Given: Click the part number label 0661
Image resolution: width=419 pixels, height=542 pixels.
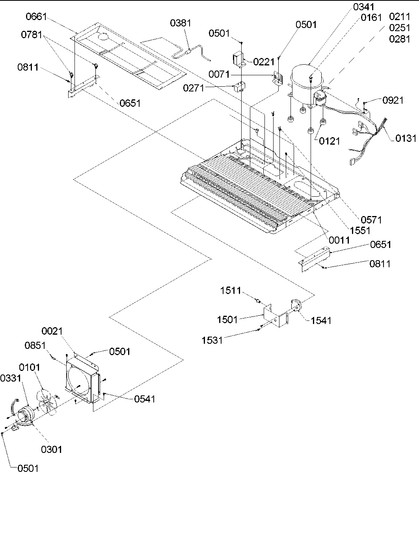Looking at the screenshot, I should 36,17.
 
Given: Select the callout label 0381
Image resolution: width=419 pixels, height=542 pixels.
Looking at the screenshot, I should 181,23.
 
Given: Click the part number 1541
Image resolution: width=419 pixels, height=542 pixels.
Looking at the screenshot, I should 321,320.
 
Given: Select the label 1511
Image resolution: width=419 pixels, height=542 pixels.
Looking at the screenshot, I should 231,291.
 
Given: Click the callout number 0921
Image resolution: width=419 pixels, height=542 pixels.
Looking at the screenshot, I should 393,100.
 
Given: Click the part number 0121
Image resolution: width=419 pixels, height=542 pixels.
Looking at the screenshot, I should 329,141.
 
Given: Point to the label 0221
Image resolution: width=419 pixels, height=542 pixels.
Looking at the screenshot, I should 264,61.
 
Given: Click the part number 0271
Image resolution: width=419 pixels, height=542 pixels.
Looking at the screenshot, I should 194,88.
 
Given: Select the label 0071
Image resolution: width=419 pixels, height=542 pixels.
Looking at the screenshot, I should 219,74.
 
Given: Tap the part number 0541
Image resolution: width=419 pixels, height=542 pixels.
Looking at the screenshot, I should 145,399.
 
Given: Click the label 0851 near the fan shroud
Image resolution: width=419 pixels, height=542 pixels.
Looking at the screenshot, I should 35,346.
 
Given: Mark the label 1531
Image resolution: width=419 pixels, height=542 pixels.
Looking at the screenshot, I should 212,340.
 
